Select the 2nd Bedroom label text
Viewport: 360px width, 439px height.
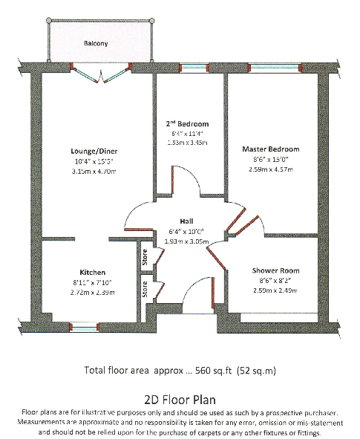click(x=187, y=123)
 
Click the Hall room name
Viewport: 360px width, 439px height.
click(x=186, y=221)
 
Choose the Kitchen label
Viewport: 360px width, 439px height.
click(x=93, y=273)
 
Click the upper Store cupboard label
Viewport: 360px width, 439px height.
click(x=145, y=257)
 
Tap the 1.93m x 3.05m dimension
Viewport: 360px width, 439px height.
click(x=186, y=242)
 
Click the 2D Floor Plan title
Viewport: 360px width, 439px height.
click(x=179, y=398)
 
